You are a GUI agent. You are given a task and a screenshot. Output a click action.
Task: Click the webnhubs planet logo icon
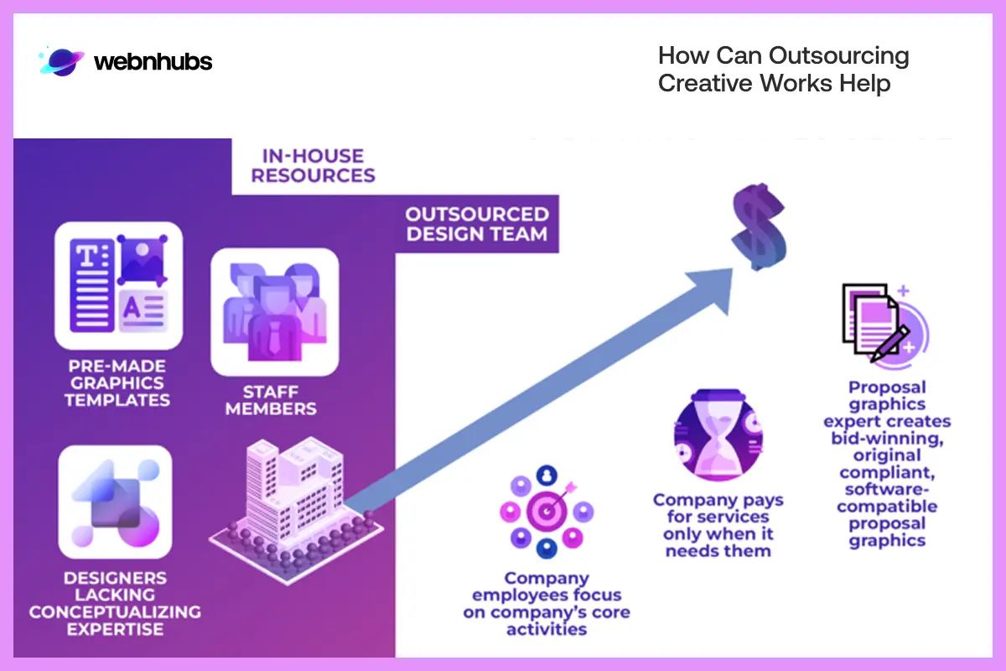click(61, 61)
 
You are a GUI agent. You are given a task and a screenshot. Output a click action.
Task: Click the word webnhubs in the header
click(153, 62)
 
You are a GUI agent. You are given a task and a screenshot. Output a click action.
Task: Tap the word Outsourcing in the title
click(839, 57)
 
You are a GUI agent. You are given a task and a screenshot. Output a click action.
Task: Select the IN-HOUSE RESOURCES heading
click(313, 165)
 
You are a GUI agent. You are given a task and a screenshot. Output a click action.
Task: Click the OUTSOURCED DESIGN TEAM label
click(477, 224)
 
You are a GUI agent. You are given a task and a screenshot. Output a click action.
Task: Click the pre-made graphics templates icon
click(118, 285)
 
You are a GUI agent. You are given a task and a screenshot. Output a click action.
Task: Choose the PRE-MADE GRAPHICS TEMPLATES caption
click(117, 382)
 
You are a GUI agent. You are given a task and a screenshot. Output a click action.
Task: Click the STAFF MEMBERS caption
click(271, 400)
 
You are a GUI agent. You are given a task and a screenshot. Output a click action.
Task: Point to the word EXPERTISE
click(115, 629)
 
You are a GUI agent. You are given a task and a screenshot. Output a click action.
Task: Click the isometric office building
click(293, 497)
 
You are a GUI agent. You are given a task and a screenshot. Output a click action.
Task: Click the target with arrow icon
click(547, 512)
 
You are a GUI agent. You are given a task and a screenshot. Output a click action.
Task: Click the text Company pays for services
click(718, 508)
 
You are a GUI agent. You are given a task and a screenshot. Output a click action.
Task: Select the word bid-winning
click(887, 438)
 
